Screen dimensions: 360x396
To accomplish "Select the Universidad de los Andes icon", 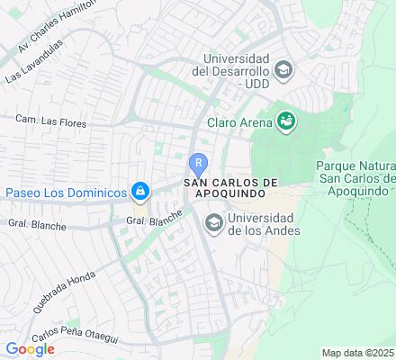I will point(214,221).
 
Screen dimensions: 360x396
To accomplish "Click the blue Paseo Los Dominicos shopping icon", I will point(140,192).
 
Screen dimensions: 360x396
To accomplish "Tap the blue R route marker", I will point(198,164).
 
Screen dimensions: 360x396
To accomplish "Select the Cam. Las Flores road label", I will point(49,117).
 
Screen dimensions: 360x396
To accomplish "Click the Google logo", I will point(30,348).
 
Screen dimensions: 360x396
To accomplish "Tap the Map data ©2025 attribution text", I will point(357,352).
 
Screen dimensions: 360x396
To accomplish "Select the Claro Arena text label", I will point(238,121).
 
